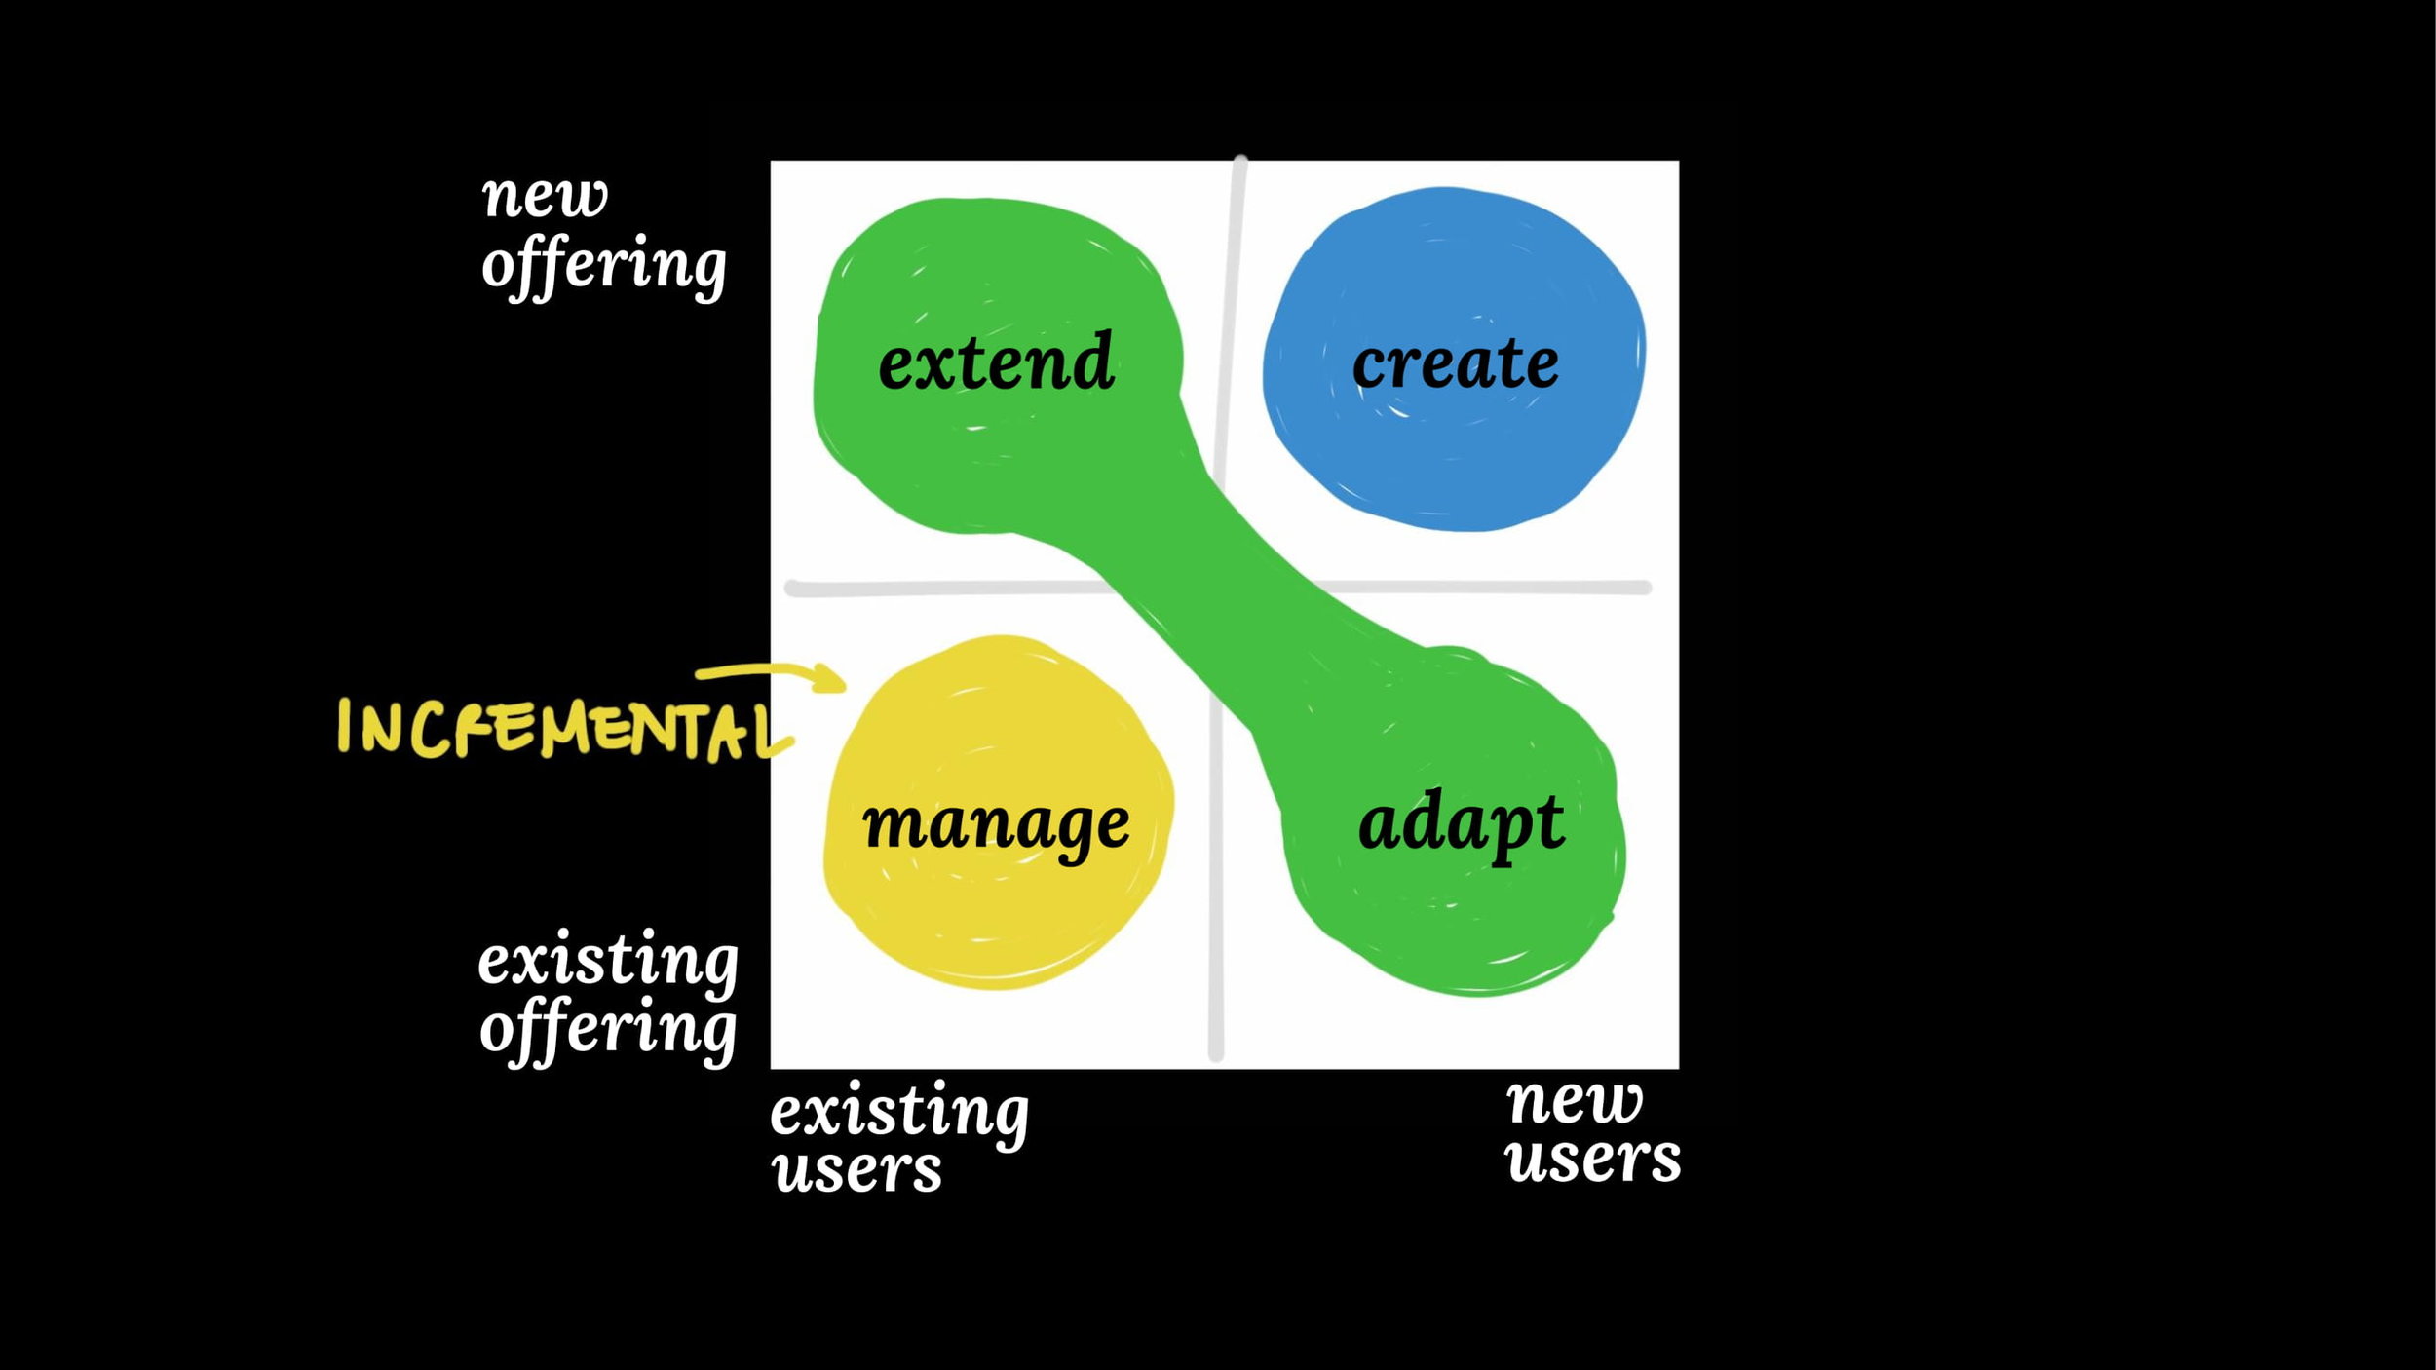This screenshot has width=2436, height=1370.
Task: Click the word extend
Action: coord(996,362)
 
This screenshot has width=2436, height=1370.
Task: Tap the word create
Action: coord(1455,363)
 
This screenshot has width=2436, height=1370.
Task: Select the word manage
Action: coord(996,826)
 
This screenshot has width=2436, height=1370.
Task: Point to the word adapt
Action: coord(1462,824)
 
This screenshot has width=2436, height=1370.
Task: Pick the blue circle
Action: coord(1454,359)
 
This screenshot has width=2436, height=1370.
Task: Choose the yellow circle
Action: coord(999,812)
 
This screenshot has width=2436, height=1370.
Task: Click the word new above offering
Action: coord(545,197)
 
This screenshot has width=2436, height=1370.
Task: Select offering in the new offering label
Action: coord(604,265)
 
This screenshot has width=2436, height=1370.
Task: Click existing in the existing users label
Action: coord(899,1113)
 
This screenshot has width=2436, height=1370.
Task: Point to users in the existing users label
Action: coord(857,1170)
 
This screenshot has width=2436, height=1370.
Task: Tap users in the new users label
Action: coord(1593,1160)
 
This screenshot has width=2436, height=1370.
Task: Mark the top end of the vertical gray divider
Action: coord(1240,159)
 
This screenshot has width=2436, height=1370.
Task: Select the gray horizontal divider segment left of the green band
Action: coord(950,589)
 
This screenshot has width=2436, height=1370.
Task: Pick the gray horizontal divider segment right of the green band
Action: coord(1481,588)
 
